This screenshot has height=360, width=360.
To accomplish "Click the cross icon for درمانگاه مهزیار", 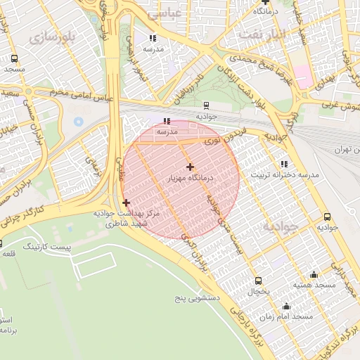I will (x=190, y=167).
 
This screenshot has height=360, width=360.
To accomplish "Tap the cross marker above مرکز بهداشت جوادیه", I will (x=126, y=202).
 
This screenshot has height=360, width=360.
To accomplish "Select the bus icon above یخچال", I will (x=258, y=280).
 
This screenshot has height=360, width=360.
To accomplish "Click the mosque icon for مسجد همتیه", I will (x=314, y=274).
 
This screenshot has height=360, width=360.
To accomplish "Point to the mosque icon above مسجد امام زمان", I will (x=286, y=306).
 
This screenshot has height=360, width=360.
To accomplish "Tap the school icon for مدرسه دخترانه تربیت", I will (x=284, y=164).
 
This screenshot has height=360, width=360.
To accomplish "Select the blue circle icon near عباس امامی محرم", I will (x=77, y=122).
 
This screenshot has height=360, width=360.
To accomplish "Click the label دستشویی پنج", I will (x=198, y=298).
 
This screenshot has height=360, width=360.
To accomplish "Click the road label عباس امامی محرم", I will (x=82, y=95).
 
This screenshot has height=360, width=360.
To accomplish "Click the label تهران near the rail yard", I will (x=343, y=149).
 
